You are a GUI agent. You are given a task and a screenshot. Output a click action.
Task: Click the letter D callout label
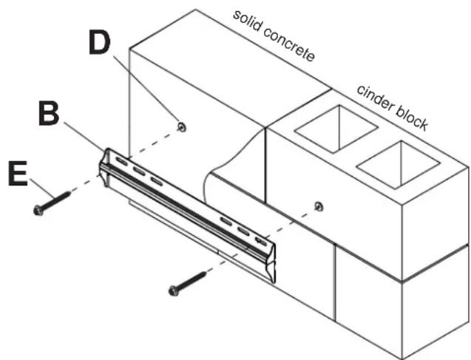click(99, 43)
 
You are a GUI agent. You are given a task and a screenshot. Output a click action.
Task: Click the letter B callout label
click(49, 114)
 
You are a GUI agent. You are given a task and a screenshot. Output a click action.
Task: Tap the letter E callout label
click(18, 174)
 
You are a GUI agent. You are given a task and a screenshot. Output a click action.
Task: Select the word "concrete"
click(290, 45)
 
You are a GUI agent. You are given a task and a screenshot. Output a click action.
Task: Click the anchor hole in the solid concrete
click(182, 127)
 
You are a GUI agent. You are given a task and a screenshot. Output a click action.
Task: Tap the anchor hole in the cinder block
click(319, 206)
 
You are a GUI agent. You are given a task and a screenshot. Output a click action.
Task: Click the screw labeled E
click(52, 203)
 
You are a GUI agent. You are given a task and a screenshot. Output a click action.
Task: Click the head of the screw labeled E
click(38, 210)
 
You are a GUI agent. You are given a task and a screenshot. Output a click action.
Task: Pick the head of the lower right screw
click(174, 291)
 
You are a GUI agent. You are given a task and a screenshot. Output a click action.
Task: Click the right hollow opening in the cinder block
click(399, 164)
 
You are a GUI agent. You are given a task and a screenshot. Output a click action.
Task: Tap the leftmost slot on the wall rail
click(122, 161)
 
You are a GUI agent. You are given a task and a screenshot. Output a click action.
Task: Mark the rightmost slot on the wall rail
click(261, 241)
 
